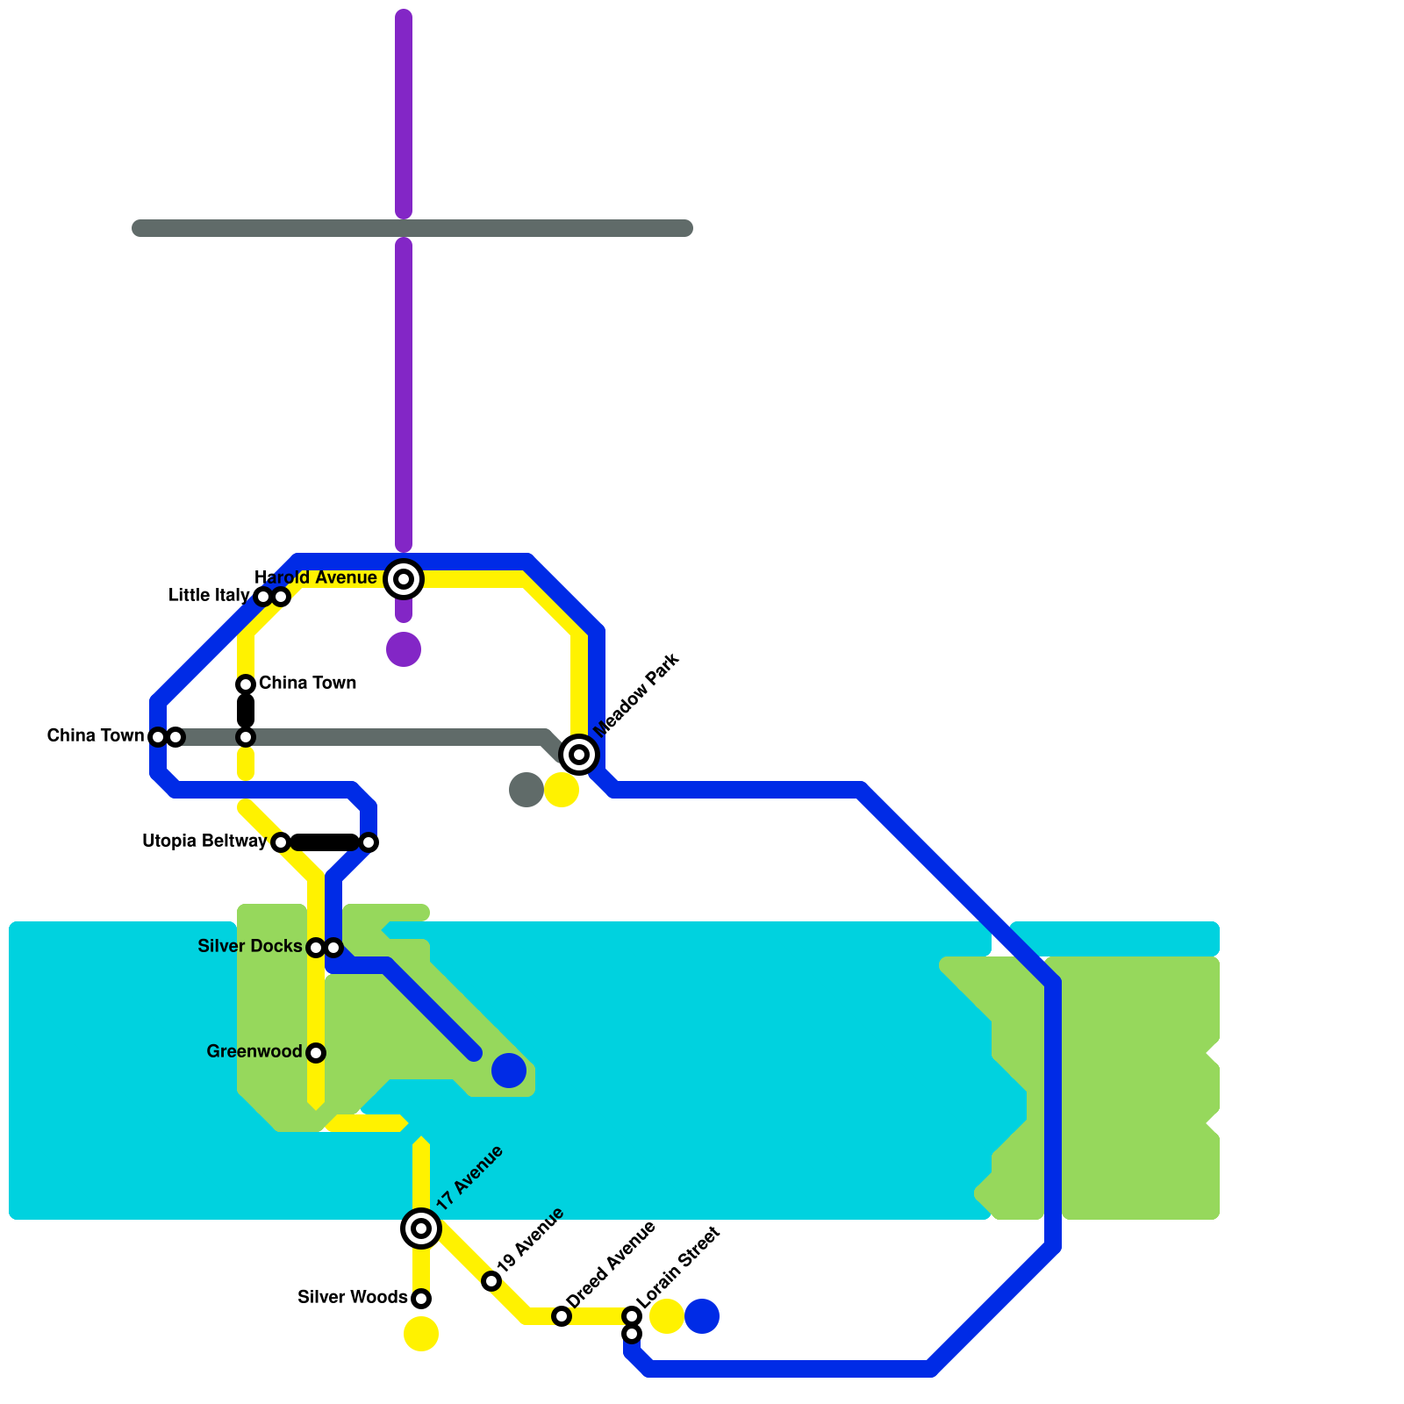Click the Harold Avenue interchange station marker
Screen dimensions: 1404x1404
404,579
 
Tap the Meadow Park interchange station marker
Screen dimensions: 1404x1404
579,755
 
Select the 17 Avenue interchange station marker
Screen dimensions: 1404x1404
421,1228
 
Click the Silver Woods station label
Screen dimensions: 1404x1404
352,1298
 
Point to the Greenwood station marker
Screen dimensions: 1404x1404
316,1053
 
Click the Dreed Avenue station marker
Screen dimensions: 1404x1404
562,1316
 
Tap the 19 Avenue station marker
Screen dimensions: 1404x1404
491,1281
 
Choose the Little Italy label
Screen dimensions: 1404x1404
209,596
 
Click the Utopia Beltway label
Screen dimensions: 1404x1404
204,842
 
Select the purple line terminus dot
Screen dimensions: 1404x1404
404,649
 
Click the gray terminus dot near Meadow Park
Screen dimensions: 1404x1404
526,790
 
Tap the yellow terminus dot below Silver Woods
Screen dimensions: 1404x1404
421,1334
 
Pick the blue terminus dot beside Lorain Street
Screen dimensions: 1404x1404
702,1316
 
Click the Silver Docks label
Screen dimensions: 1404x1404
250,947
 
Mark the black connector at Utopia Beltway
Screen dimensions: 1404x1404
325,842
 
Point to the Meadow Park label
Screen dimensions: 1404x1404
637,696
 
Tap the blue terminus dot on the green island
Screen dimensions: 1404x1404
509,1071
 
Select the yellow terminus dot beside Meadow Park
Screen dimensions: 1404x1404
562,790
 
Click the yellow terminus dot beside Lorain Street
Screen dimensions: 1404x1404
667,1316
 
